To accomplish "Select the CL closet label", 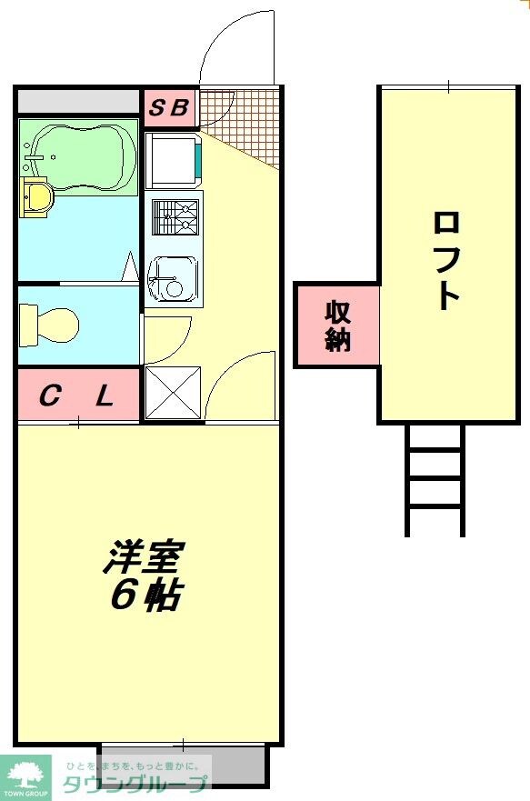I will coord(77,396).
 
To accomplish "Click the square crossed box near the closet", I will coord(172,394).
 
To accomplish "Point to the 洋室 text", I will coord(144,557).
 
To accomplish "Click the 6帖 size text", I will coord(145,595).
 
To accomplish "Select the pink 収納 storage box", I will coord(337,325).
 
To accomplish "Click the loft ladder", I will coord(435,479).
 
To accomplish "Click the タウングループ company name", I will coord(135,785).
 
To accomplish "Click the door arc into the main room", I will coord(241,386).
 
